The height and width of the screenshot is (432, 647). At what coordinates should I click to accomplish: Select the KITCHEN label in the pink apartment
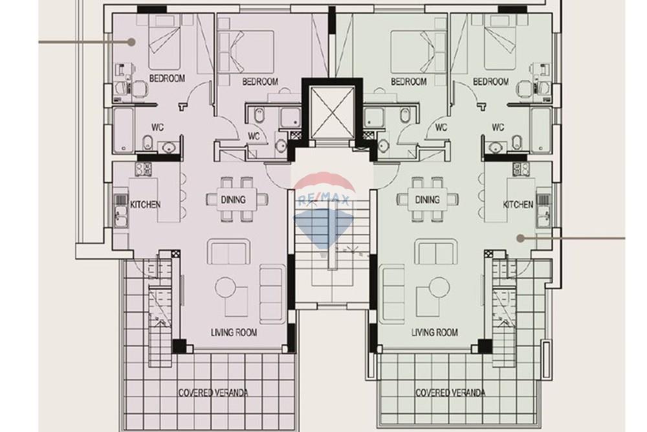pos(146,204)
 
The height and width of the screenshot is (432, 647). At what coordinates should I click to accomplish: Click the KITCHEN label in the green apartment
pos(518,204)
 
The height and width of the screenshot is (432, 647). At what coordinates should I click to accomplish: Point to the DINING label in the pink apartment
pos(232,199)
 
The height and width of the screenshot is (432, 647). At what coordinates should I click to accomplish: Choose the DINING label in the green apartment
pos(427,199)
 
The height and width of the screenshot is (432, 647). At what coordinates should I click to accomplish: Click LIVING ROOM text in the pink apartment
pos(234,333)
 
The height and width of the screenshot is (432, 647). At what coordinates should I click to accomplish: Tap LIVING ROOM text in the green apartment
pos(435,333)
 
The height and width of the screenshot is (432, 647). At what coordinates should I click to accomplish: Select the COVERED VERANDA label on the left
pos(214,392)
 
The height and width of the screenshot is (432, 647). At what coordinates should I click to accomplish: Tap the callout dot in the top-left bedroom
pos(131,41)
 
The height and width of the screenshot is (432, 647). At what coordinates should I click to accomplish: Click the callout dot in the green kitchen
pos(520,238)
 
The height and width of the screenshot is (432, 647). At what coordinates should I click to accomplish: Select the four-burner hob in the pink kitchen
pos(143,170)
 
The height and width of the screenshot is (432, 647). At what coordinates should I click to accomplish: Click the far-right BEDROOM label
pos(490,82)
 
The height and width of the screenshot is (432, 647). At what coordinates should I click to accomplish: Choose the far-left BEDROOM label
pos(167,78)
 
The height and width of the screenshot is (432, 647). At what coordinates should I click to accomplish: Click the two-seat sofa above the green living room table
pos(435,251)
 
